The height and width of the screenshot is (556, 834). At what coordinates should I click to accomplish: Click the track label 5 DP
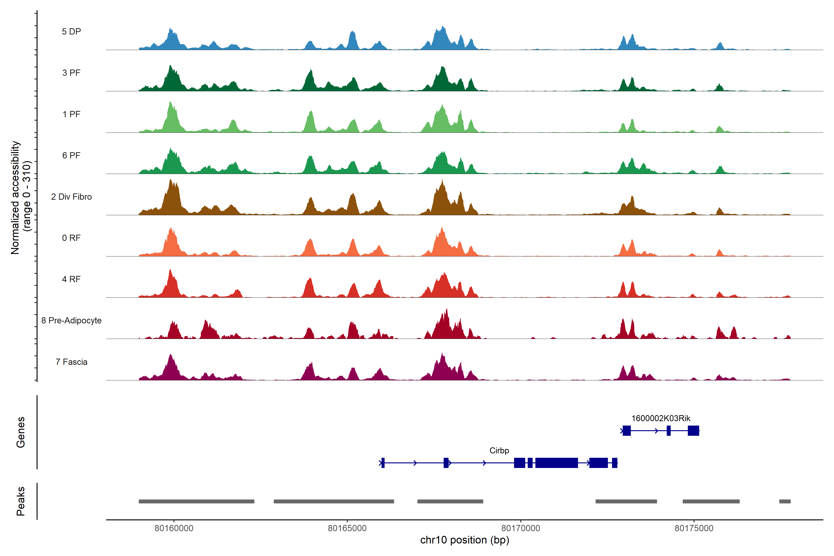[x=71, y=32]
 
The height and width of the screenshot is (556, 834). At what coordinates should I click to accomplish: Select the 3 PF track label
[x=71, y=73]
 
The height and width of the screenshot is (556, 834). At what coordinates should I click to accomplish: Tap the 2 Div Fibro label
[x=71, y=197]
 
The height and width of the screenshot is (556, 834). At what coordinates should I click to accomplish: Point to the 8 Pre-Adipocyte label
[x=71, y=321]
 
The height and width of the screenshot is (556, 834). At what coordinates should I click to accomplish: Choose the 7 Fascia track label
[x=71, y=362]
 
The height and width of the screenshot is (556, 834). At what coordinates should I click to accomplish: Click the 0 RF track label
[x=71, y=238]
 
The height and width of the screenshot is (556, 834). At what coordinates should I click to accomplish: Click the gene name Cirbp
[x=499, y=451]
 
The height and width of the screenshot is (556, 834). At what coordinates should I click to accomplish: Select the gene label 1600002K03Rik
[x=661, y=418]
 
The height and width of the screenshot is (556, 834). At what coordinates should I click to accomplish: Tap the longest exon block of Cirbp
[x=556, y=463]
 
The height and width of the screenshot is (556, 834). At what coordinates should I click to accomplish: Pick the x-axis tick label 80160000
[x=174, y=528]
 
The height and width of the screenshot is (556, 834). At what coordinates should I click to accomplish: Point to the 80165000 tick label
[x=347, y=528]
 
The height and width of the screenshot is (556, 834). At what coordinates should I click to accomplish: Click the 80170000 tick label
[x=521, y=528]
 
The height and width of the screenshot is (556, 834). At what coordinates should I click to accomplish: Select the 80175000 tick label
[x=694, y=528]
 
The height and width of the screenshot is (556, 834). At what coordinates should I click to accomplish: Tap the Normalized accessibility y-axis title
[x=21, y=198]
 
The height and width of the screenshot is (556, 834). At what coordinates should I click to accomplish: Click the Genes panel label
[x=21, y=432]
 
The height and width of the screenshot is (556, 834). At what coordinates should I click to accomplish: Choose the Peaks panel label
[x=21, y=501]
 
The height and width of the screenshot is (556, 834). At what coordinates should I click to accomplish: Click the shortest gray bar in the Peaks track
[x=785, y=501]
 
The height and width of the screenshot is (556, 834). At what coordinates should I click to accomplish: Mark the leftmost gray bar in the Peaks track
[x=196, y=501]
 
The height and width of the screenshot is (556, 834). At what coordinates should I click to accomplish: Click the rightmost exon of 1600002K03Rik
[x=693, y=430]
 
